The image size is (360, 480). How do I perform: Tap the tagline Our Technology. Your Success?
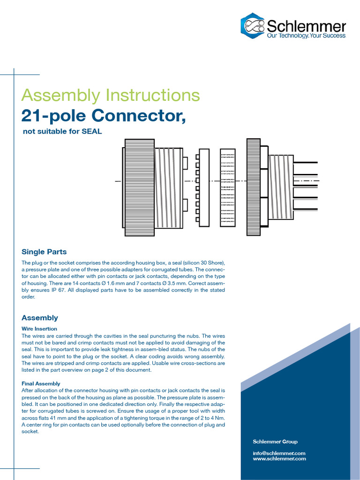306,36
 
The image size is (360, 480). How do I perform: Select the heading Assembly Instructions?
111,95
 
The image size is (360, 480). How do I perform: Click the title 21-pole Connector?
104,115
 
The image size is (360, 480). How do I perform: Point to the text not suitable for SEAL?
62,132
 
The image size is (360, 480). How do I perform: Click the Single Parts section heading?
44,252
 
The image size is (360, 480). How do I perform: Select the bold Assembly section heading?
40,318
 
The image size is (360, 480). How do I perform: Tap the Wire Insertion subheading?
39,329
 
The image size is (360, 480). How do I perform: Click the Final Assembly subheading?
41,383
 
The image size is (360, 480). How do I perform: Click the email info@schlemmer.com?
279,453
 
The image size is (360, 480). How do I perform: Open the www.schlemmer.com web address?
279,459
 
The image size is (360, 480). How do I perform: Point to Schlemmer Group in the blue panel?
275,442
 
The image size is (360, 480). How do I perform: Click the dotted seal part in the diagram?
228,187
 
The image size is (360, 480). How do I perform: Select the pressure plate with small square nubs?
203,187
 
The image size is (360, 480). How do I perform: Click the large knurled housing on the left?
139,187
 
